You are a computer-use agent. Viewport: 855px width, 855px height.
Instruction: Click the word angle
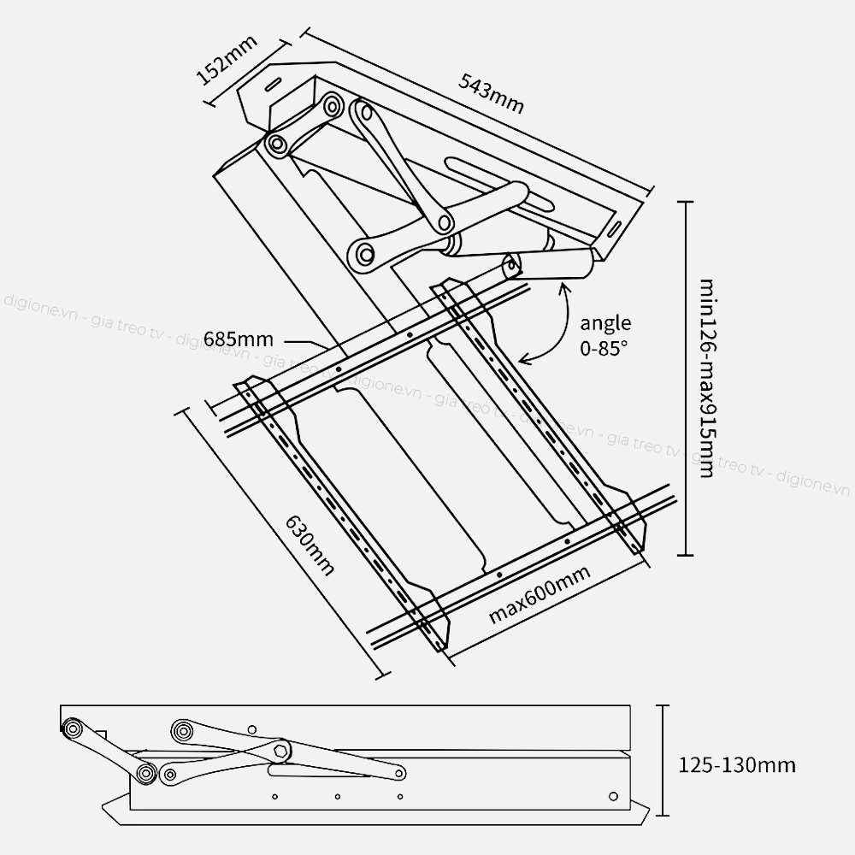(x=606, y=323)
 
